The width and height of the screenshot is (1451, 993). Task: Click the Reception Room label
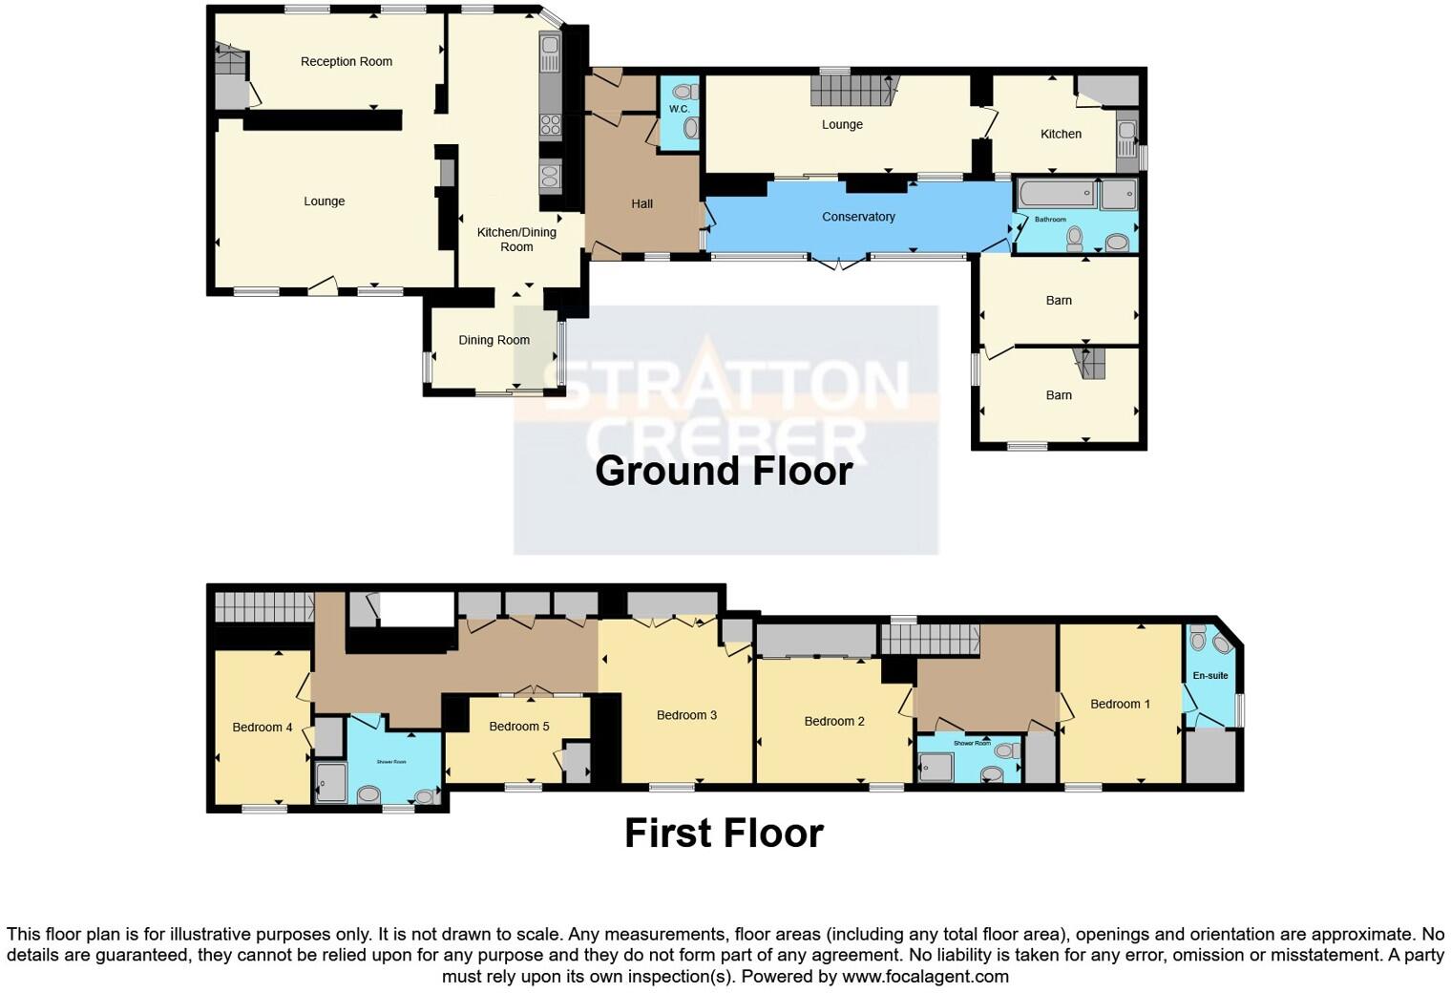pos(346,62)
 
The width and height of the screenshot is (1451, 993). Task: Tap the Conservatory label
pos(858,217)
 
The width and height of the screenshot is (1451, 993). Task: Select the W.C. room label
pos(679,109)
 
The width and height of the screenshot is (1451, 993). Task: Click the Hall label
pos(641,203)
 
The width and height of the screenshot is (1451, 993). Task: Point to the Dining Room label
pos(494,340)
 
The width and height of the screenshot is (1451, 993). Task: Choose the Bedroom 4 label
pos(263,728)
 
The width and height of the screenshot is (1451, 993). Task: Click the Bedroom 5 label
pos(518,727)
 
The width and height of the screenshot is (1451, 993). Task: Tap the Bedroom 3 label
pos(686,715)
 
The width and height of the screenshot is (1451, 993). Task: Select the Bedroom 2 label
pos(834,721)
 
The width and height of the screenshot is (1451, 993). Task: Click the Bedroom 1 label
pos(1120,704)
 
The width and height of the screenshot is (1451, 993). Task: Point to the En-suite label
pos(1210,676)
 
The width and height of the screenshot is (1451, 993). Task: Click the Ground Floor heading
pos(724,471)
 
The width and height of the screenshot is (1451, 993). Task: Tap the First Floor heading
pos(724,834)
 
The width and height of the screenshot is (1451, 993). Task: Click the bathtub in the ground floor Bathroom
pos(1056,195)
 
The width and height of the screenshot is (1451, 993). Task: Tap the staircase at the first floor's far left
pos(263,606)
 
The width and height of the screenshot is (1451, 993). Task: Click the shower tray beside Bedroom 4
pos(331,782)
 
